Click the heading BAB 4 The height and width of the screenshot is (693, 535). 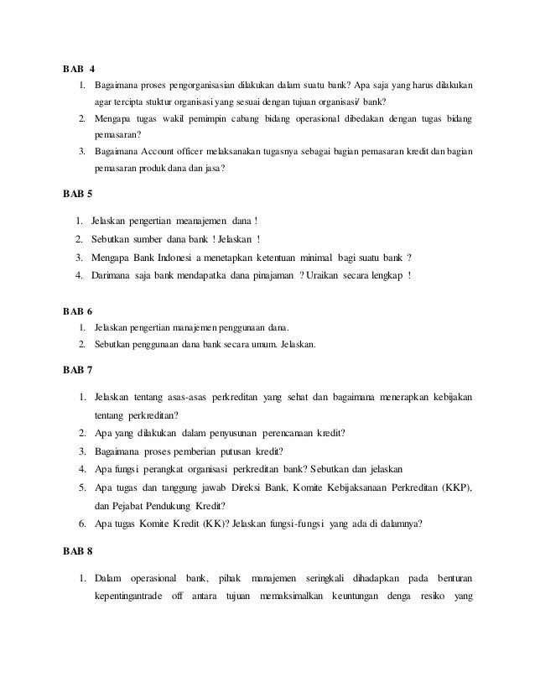(78, 68)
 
